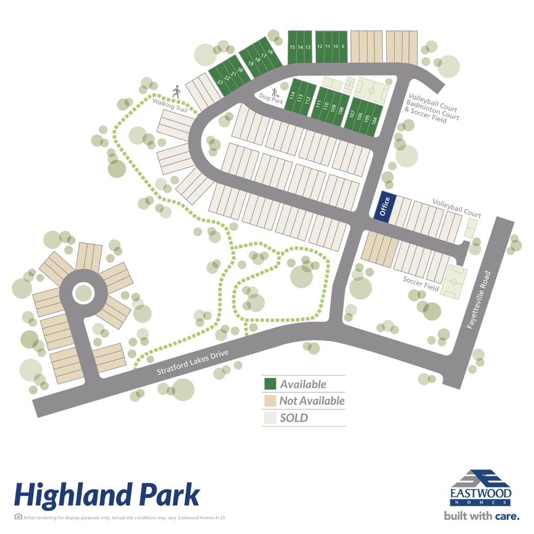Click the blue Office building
[384, 206]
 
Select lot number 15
[292, 47]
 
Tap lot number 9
[343, 47]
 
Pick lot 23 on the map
[220, 82]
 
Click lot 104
[374, 119]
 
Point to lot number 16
[271, 52]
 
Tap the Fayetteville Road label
[477, 299]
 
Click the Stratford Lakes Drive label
[194, 361]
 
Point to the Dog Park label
[272, 98]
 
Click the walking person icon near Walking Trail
[176, 92]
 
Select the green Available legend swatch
[270, 384]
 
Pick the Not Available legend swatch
[270, 401]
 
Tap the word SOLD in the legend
[294, 418]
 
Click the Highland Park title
[107, 495]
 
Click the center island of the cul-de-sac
[83, 292]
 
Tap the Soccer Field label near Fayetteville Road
[420, 283]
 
